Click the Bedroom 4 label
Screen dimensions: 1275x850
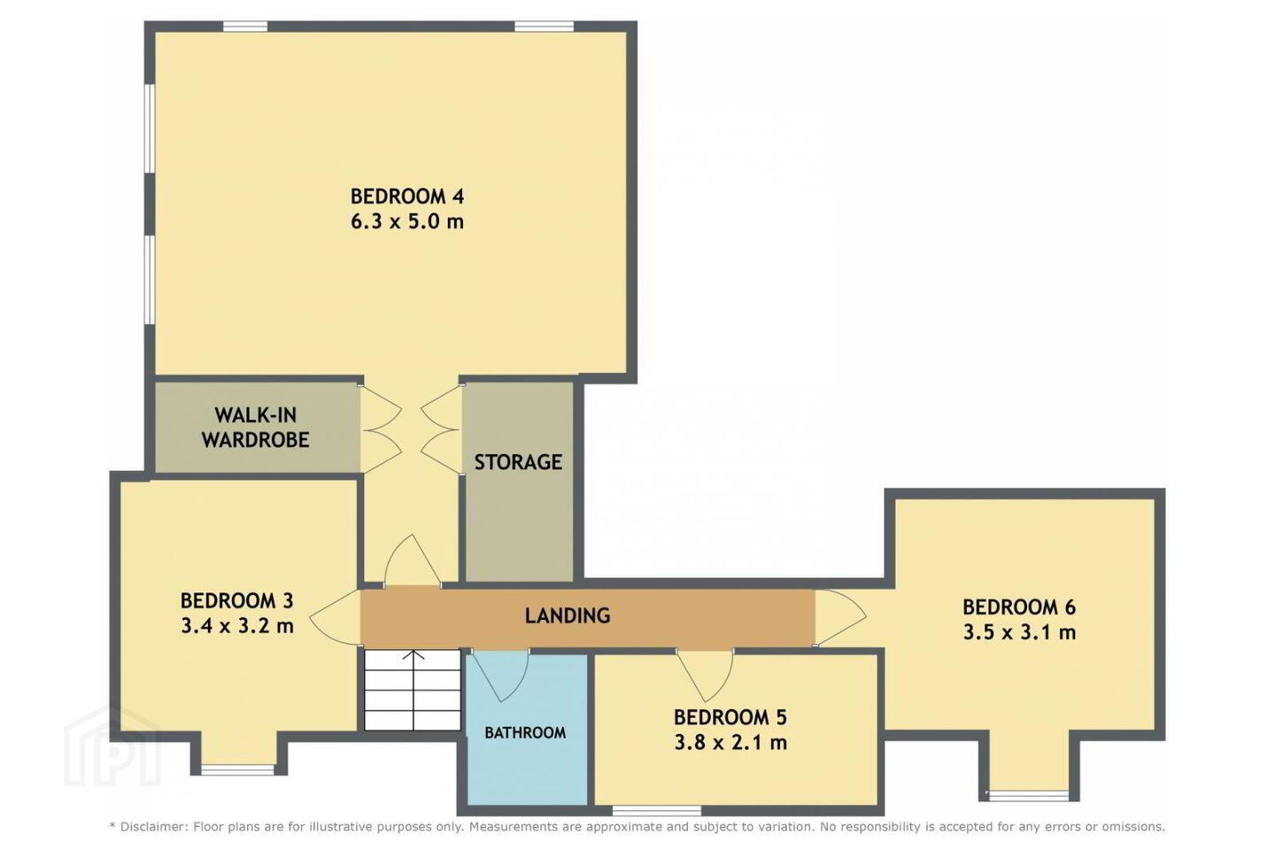(x=407, y=197)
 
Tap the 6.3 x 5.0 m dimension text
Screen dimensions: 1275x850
(x=407, y=221)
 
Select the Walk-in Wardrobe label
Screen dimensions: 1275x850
(x=256, y=428)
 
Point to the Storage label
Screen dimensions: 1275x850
(x=518, y=461)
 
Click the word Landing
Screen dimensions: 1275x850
(x=568, y=615)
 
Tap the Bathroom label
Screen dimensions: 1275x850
(x=525, y=733)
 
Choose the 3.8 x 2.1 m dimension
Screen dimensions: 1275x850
(x=730, y=742)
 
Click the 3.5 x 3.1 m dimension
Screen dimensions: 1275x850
(x=1019, y=632)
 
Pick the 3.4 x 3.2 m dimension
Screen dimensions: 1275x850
(x=236, y=626)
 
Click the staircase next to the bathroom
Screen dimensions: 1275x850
(x=412, y=691)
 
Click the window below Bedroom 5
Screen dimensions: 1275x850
(x=657, y=810)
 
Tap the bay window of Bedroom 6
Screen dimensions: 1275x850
(x=1028, y=795)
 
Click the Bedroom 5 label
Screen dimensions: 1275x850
(x=730, y=717)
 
